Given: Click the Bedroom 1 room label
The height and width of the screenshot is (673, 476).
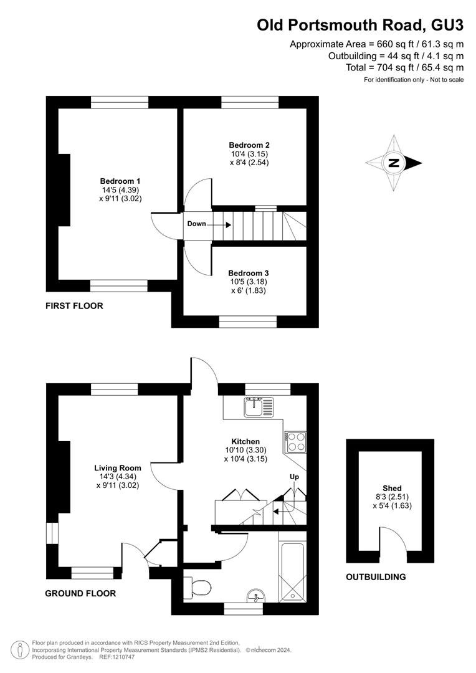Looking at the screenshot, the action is click(x=120, y=181).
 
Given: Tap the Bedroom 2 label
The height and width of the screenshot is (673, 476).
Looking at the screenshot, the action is click(x=249, y=145).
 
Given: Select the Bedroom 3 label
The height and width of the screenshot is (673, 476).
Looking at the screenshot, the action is click(x=249, y=273).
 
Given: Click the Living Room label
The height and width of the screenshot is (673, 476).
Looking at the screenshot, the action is click(x=118, y=468).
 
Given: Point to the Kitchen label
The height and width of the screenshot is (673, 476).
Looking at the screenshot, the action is click(x=245, y=441).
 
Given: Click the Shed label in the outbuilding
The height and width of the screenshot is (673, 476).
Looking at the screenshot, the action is click(x=392, y=488).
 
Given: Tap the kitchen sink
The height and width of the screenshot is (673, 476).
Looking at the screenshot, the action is click(x=259, y=407).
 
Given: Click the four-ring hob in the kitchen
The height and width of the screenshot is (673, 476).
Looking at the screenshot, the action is click(x=295, y=441).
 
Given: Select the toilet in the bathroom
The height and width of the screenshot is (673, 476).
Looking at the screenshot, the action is click(x=197, y=587).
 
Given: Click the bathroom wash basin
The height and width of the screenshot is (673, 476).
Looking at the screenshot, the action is click(x=256, y=596).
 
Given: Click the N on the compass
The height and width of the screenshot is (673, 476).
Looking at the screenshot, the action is click(x=393, y=163).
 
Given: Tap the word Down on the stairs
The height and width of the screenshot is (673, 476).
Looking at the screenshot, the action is click(x=197, y=224).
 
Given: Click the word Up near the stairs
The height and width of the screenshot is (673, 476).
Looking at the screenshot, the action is click(x=295, y=477).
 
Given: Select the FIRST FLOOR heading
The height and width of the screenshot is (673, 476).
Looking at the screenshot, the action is click(x=74, y=306).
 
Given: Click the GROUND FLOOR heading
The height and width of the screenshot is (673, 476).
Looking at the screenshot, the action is click(x=81, y=594).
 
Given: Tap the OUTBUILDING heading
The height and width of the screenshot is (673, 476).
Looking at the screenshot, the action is click(x=376, y=577).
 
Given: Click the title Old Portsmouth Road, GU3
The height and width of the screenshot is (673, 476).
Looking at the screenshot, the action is click(x=360, y=26).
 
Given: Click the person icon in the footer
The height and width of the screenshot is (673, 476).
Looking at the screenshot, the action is click(x=20, y=650).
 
